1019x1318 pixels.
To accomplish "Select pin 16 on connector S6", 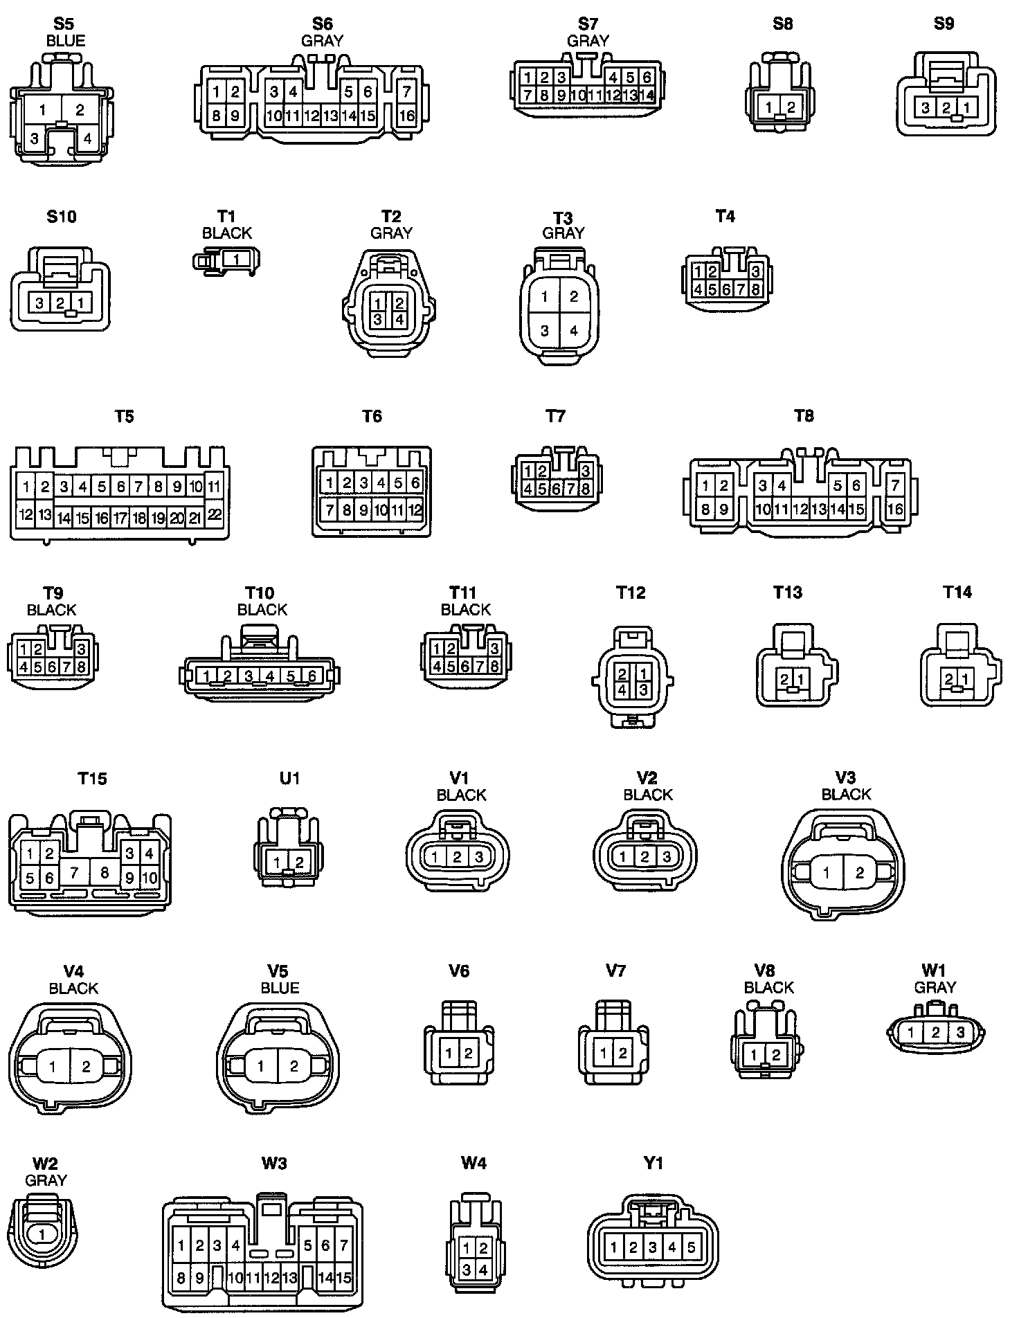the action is pos(407,115).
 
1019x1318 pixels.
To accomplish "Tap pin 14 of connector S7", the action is pos(647,96).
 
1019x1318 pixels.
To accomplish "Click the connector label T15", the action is pos(92,778).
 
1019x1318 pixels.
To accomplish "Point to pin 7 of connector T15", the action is pos(74,874).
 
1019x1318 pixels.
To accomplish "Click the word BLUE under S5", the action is pos(65,41).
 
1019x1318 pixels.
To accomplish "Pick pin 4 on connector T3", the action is pos(574,331).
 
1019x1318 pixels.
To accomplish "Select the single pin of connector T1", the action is pos(237,260).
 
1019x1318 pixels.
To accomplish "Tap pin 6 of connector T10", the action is pos(312,676).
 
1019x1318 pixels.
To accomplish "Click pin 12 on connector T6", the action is pos(415,511).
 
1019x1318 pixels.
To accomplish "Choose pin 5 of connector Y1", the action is pos(691,1247).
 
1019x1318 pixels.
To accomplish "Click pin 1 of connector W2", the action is pos(42,1234).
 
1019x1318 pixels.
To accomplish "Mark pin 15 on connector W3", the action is pos(343,1278).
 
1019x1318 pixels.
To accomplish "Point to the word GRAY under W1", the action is pos(935,987).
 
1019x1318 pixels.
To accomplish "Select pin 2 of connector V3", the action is pos(860,873).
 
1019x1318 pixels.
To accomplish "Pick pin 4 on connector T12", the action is pos(622,689).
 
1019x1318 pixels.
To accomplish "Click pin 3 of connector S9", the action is pos(926,107).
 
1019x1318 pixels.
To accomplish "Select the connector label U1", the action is pos(289,778).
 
